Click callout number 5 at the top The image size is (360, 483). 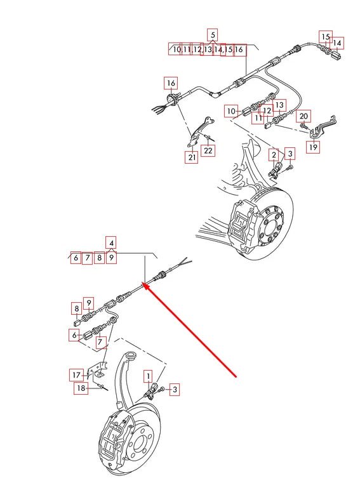point(213,34)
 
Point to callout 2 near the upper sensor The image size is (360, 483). point(274,154)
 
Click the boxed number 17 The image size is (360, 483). point(76,375)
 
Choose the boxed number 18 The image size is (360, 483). point(81,388)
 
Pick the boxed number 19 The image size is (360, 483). point(313,147)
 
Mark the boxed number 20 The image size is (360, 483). point(304,116)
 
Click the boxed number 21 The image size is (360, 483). point(191,157)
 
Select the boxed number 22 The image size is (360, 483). point(208,150)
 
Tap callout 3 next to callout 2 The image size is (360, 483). point(290,154)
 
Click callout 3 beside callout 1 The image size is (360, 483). point(173,390)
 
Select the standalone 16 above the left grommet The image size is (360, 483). point(171,83)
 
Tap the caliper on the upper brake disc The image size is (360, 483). point(242,224)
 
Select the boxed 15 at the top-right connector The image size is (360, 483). point(326,37)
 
